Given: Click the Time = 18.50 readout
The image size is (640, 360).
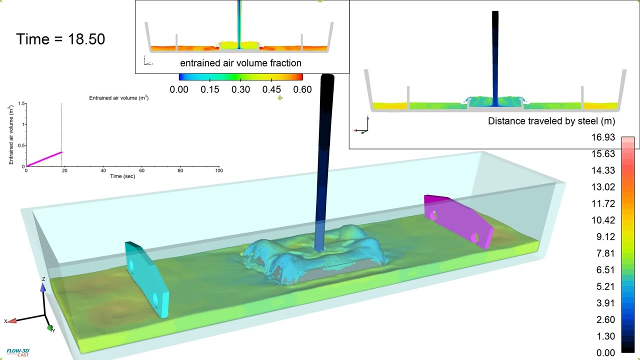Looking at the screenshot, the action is click(60, 39).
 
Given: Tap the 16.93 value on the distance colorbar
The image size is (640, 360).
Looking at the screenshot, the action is click(603, 137).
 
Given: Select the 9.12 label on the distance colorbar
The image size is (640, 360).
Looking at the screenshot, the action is click(605, 237).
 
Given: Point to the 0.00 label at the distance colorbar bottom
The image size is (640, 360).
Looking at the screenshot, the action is click(605, 353).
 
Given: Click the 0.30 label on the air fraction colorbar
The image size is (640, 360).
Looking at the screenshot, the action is click(240, 89).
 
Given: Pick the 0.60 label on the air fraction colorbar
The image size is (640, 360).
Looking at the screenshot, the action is click(302, 89).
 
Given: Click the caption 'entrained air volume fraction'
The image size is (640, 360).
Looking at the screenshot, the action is click(240, 63).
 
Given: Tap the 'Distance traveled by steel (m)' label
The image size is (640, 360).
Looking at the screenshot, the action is click(551, 121).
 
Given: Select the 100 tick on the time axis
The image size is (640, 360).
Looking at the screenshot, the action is click(219, 170).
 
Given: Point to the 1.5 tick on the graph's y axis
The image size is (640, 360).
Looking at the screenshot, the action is click(21, 103).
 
